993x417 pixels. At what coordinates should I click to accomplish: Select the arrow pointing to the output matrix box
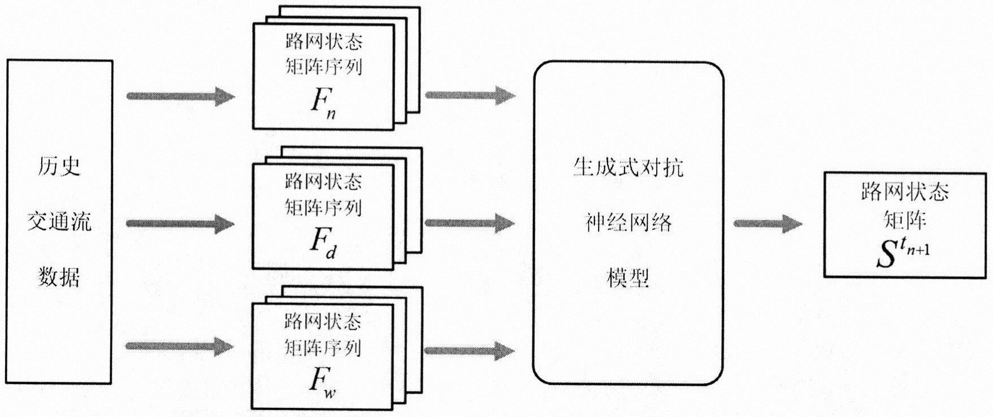[x=768, y=224]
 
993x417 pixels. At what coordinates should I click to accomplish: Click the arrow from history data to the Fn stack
[x=181, y=96]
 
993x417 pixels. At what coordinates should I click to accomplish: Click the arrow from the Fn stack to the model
[x=470, y=95]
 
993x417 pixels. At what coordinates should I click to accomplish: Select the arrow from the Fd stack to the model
[x=470, y=223]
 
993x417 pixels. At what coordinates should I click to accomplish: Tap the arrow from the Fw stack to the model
[x=470, y=351]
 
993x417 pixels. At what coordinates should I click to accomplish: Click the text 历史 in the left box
[x=59, y=166]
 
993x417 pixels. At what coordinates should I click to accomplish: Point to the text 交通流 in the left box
[x=59, y=221]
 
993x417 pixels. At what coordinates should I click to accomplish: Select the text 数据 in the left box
[x=59, y=277]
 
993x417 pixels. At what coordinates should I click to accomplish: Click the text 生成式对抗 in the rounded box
[x=628, y=168]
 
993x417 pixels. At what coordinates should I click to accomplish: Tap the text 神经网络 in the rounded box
[x=628, y=223]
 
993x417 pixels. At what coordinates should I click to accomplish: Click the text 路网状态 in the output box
[x=905, y=192]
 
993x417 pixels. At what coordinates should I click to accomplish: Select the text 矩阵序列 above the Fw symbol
[x=323, y=347]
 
